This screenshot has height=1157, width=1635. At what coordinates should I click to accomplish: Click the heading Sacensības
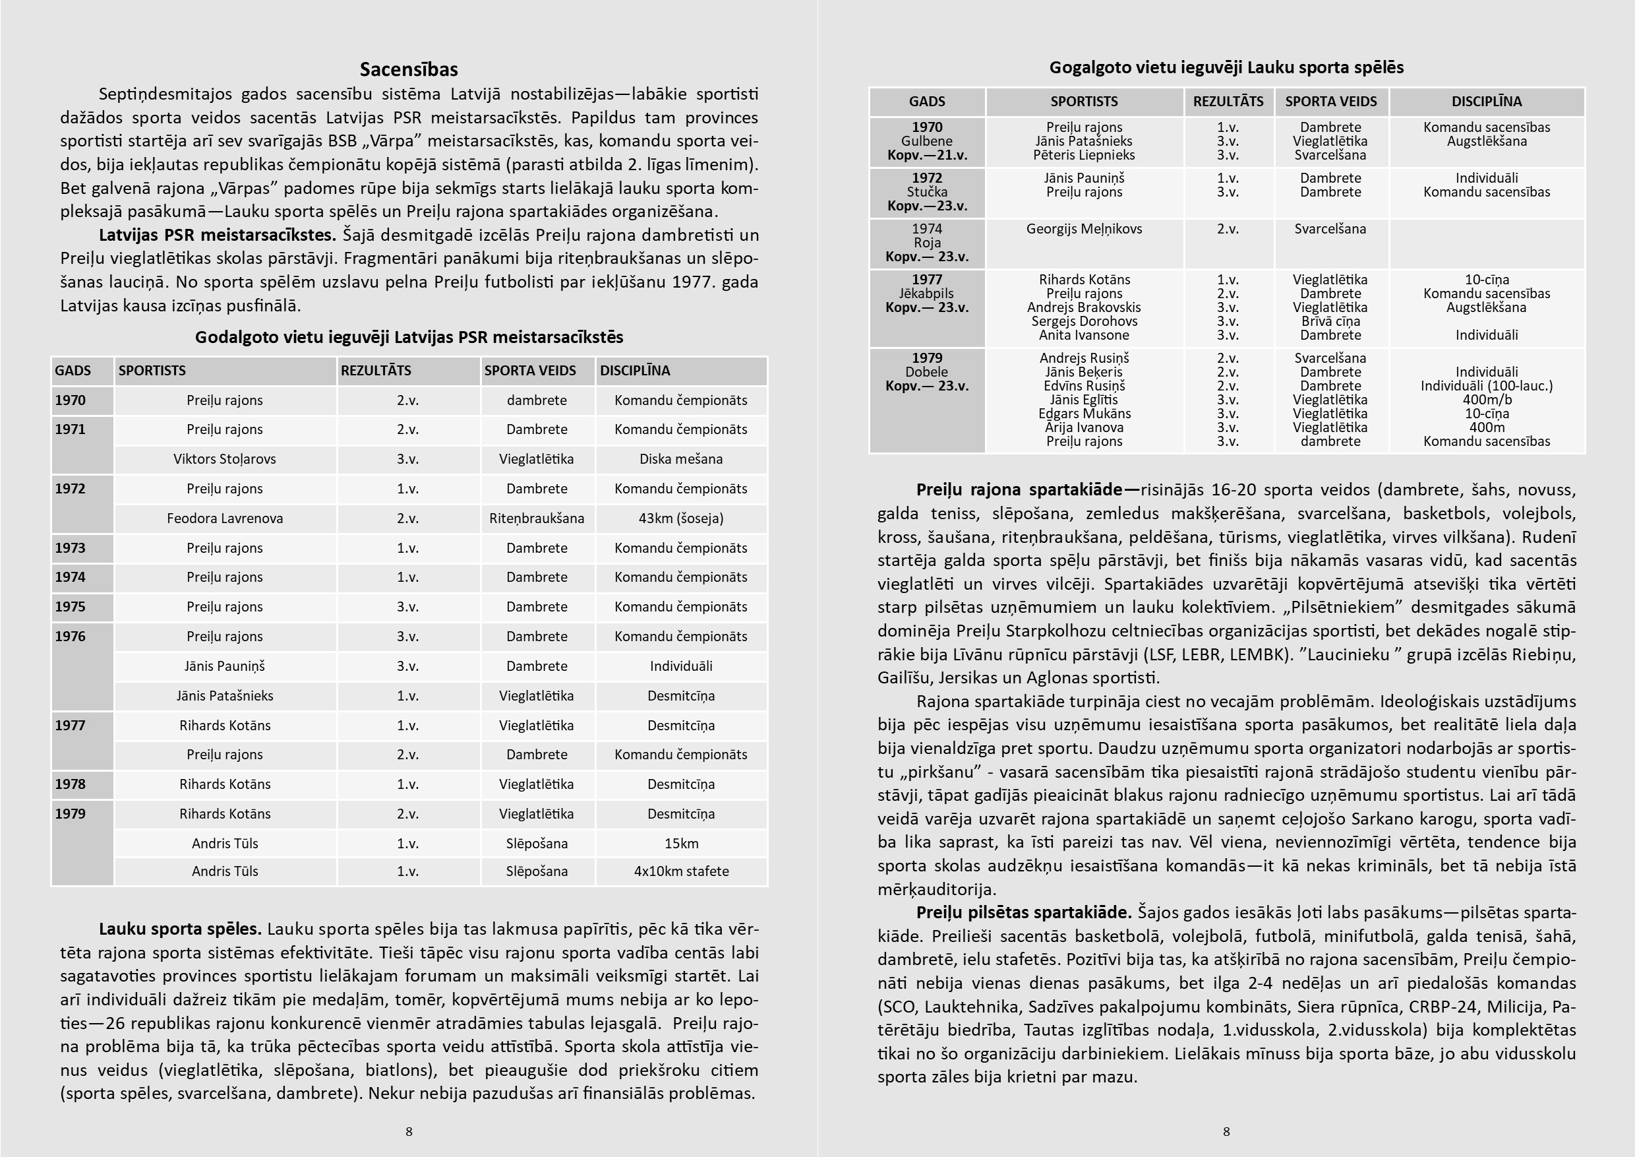pyautogui.click(x=408, y=69)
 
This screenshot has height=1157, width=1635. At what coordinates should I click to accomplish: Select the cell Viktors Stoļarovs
pyautogui.click(x=224, y=459)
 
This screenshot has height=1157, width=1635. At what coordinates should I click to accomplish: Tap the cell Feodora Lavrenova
pyautogui.click(x=224, y=518)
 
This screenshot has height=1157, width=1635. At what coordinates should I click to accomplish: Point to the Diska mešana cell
pyautogui.click(x=681, y=459)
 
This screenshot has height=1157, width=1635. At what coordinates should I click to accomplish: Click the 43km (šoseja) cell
pyautogui.click(x=681, y=518)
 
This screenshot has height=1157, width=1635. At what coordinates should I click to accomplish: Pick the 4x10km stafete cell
pyautogui.click(x=681, y=871)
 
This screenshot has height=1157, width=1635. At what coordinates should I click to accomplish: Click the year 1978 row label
pyautogui.click(x=70, y=784)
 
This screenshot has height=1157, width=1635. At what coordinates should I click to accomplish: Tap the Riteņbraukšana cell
pyautogui.click(x=536, y=518)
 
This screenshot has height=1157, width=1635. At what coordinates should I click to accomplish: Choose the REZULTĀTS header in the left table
pyautogui.click(x=376, y=371)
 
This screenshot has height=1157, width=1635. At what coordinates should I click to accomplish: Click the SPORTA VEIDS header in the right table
pyautogui.click(x=1330, y=101)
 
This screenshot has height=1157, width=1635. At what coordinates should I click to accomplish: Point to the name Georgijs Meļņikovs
pyautogui.click(x=1084, y=229)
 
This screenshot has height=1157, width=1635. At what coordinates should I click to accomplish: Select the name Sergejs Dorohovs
pyautogui.click(x=1084, y=321)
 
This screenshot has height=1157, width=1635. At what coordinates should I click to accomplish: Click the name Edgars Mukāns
pyautogui.click(x=1084, y=413)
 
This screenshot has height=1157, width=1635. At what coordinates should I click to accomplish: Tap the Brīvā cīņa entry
pyautogui.click(x=1330, y=321)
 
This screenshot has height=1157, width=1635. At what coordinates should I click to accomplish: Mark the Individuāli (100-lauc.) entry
pyautogui.click(x=1486, y=385)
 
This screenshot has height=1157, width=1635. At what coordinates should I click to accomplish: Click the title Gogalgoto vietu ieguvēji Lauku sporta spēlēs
pyautogui.click(x=1226, y=68)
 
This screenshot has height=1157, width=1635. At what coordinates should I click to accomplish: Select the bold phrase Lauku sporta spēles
pyautogui.click(x=180, y=928)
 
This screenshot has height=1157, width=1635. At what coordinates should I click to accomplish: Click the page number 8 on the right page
pyautogui.click(x=1226, y=1131)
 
